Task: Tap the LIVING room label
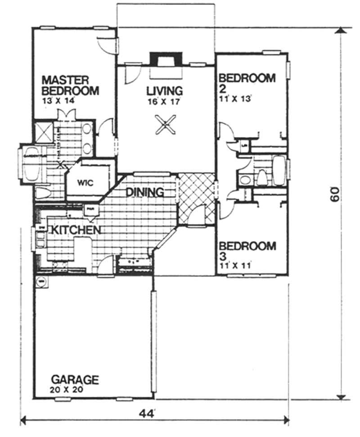165,91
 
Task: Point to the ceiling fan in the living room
165,124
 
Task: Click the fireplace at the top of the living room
166,59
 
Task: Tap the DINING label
144,192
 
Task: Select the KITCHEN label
74,230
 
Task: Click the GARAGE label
74,379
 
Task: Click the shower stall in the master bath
45,132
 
